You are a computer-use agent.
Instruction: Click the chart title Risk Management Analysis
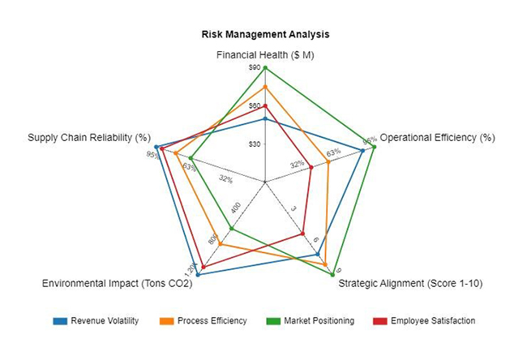[x=265, y=35]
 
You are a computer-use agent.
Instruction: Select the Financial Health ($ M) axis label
[x=265, y=55]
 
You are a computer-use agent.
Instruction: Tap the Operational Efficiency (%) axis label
[x=437, y=138]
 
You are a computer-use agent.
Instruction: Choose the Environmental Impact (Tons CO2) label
[x=117, y=284]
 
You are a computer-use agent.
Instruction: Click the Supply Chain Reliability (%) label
[x=89, y=138]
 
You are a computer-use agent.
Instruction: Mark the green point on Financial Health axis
[x=265, y=67]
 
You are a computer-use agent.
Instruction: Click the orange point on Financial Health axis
[x=265, y=86]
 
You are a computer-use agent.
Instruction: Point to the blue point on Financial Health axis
[x=265, y=119]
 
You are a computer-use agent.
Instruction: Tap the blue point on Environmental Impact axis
[x=198, y=276]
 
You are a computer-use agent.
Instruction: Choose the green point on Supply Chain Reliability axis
[x=191, y=158]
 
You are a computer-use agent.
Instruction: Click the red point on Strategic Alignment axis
[x=302, y=233]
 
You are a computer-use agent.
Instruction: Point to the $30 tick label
[x=255, y=144]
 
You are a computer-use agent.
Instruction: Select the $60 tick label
[x=255, y=106]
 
